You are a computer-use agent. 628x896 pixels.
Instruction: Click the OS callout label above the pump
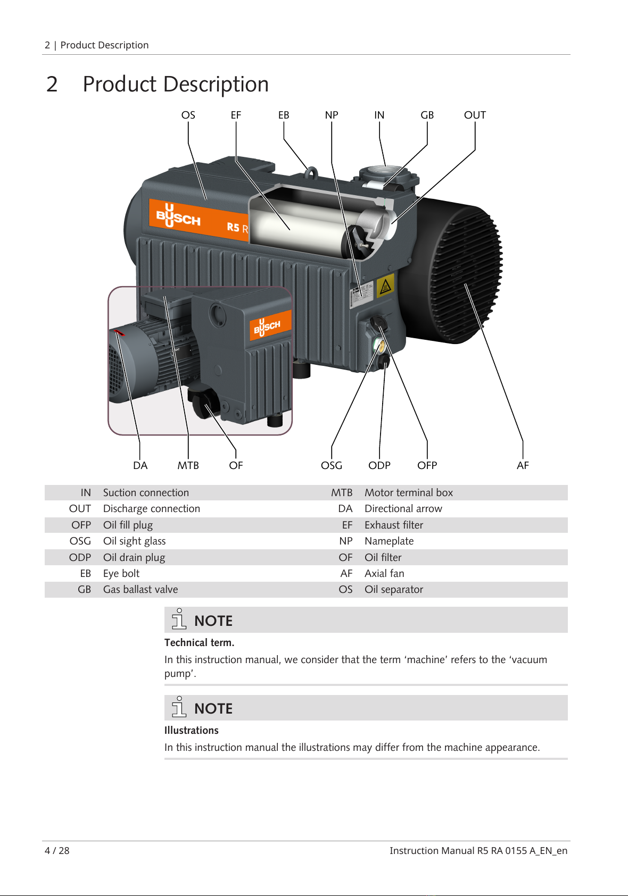tap(188, 115)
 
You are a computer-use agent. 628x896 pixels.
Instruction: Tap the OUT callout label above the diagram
tap(475, 115)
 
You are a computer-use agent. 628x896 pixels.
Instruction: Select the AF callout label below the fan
tap(523, 465)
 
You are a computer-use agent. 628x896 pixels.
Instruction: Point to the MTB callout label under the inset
tap(188, 465)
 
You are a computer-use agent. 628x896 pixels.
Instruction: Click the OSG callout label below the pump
tap(332, 465)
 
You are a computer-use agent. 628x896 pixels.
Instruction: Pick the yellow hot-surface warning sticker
tap(385, 286)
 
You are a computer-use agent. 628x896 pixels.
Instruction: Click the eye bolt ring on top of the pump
tap(311, 173)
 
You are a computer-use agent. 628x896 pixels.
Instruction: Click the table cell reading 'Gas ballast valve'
tap(141, 589)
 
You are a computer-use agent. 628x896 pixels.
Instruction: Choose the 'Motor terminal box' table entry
tap(409, 492)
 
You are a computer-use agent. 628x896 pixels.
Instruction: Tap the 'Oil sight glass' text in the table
tap(134, 541)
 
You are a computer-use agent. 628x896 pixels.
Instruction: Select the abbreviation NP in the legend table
tap(346, 541)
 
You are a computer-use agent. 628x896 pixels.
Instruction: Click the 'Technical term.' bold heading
tap(200, 642)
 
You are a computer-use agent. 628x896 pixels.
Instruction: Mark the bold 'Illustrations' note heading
tap(191, 730)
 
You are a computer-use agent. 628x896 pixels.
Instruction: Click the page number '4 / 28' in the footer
tap(57, 850)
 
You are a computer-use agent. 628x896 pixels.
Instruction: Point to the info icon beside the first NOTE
tap(179, 619)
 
